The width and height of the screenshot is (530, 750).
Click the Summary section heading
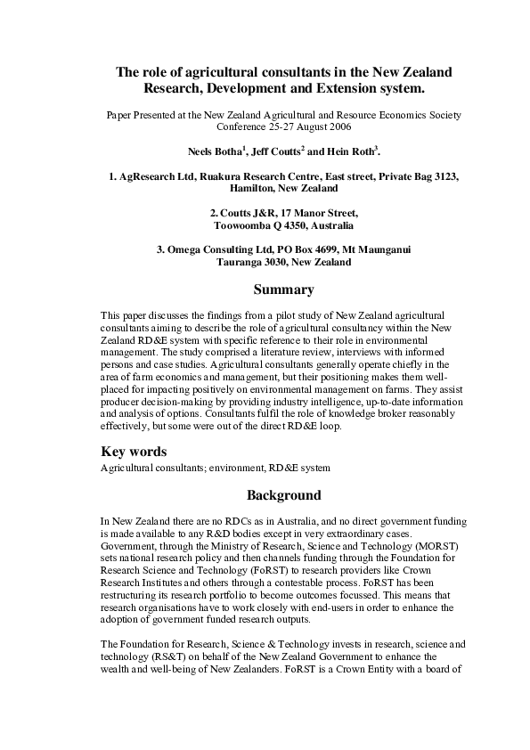point(283,289)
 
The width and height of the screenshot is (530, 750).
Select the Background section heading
point(283,494)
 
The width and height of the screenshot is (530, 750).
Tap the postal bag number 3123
point(444,177)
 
